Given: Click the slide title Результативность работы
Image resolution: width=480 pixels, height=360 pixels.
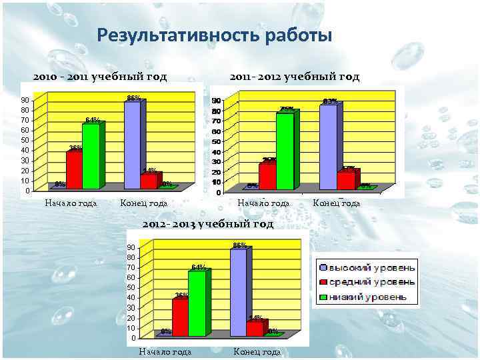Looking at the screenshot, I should tap(214, 35).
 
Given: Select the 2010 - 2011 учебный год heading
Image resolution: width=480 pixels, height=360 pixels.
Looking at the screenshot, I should tap(100, 77).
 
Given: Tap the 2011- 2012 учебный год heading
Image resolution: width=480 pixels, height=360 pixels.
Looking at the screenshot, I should tap(295, 77).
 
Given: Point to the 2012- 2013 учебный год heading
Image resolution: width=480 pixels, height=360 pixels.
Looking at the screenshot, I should tap(208, 224).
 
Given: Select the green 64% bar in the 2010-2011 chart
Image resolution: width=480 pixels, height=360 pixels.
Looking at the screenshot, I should tap(90, 157).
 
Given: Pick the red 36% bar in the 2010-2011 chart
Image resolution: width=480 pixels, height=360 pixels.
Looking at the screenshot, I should tap(73, 170).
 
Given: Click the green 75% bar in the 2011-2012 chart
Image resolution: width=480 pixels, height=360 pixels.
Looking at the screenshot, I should tap(285, 151).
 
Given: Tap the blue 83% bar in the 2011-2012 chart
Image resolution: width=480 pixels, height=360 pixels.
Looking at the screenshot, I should tap(327, 147).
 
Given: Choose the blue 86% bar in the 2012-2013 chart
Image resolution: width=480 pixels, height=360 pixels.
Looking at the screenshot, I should tap(238, 292).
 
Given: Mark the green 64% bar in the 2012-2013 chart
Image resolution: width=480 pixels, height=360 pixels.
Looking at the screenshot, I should tap(196, 303).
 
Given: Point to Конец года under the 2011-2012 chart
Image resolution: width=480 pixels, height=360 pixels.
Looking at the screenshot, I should tap(336, 203).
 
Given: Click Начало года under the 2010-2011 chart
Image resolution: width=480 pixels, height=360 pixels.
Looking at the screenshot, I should tap(71, 203).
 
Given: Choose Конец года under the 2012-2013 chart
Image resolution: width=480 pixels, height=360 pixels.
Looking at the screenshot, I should tap(257, 351).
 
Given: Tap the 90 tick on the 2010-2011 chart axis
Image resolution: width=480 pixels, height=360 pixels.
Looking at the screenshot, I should tap(25, 99).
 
